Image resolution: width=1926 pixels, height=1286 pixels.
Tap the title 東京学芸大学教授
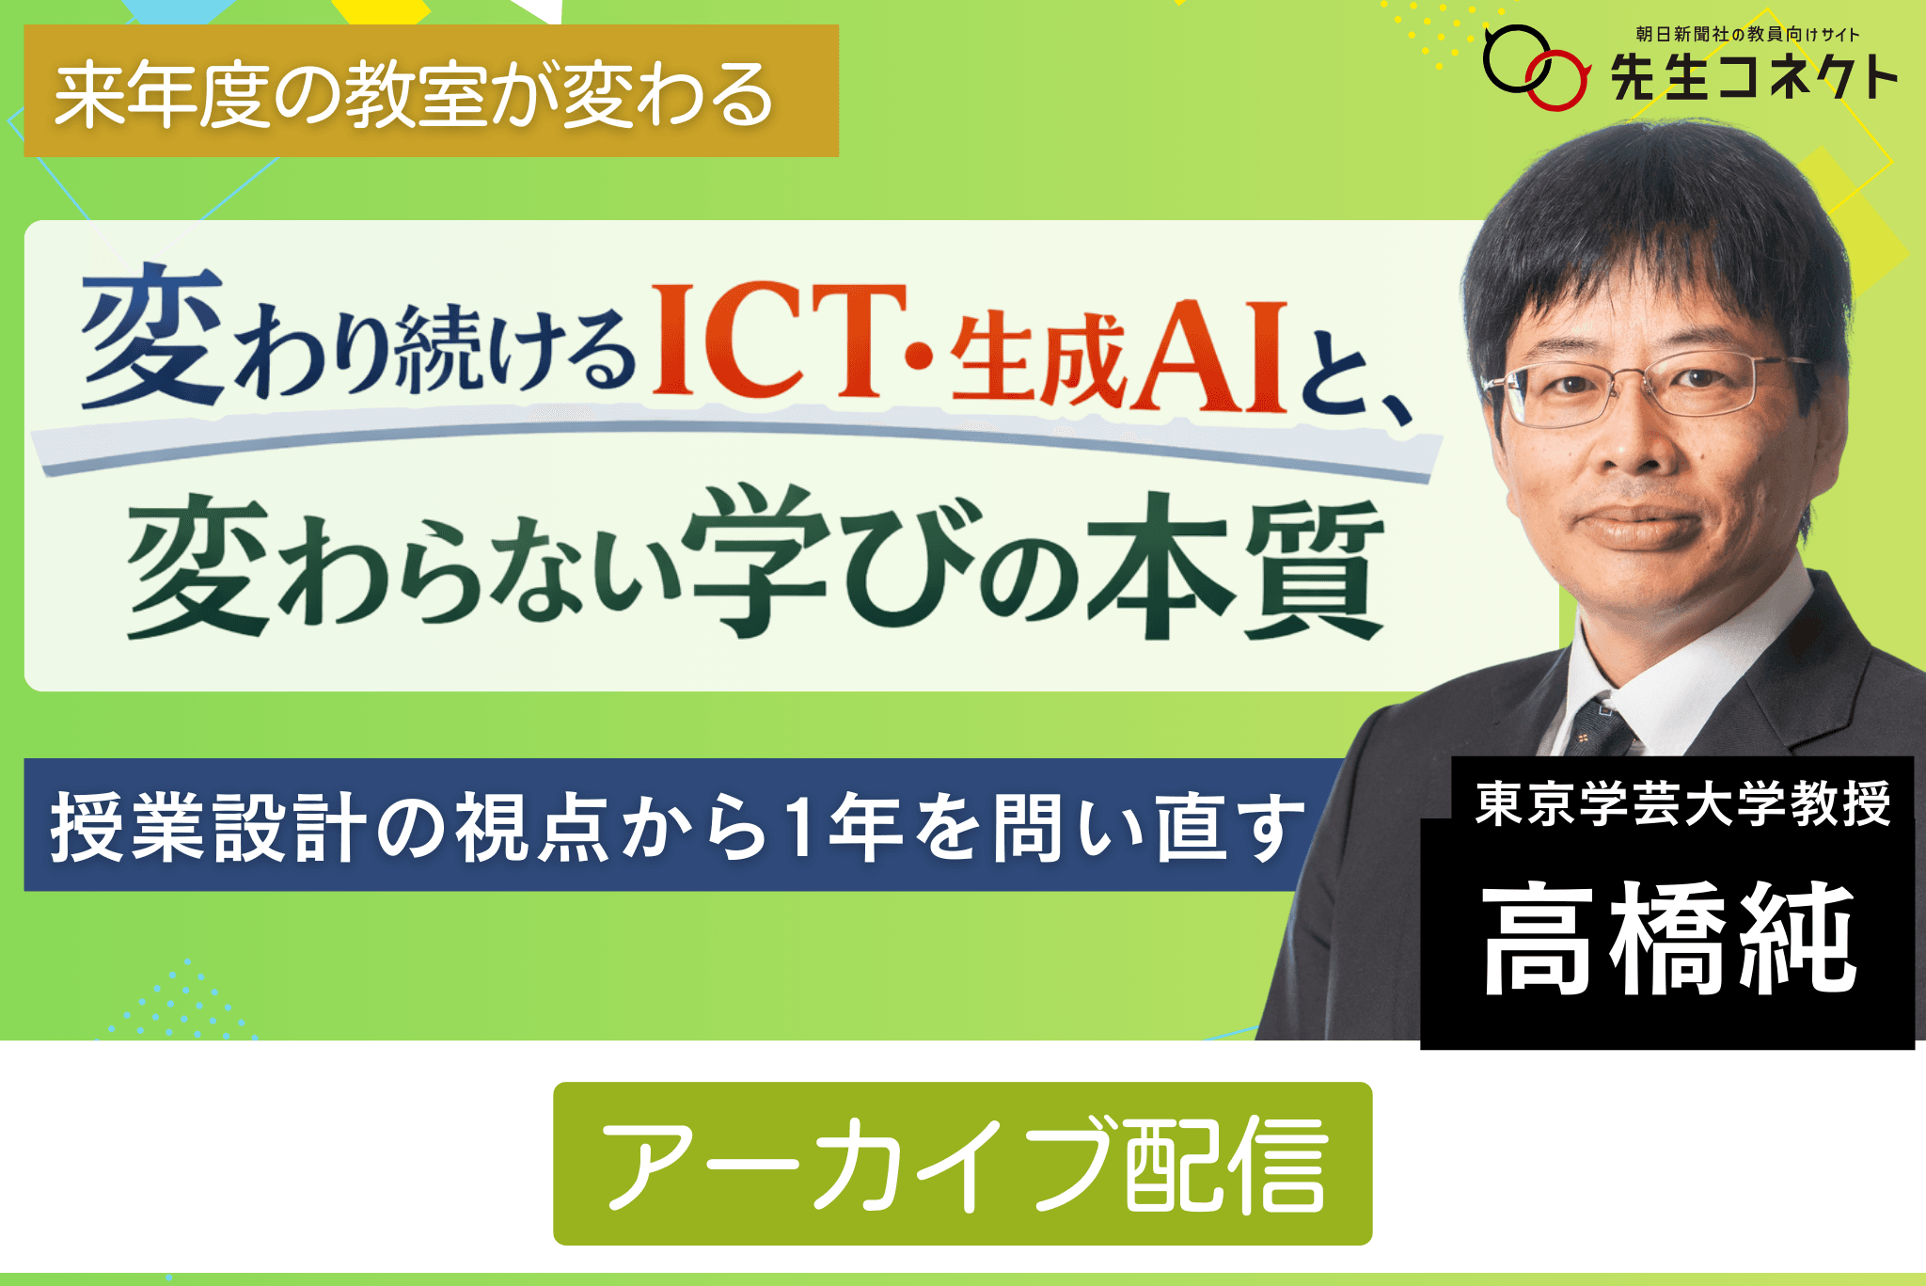point(1682,804)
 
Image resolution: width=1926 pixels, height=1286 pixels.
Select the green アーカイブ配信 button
point(962,1164)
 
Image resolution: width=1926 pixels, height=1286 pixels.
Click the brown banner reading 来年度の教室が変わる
point(431,91)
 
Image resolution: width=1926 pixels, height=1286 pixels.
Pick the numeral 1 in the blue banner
point(801,826)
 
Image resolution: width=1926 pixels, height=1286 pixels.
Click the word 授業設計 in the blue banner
point(208,827)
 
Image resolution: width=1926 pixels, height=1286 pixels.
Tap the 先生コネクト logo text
point(1754,77)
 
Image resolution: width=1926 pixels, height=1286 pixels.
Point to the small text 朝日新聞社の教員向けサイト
point(1747,34)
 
